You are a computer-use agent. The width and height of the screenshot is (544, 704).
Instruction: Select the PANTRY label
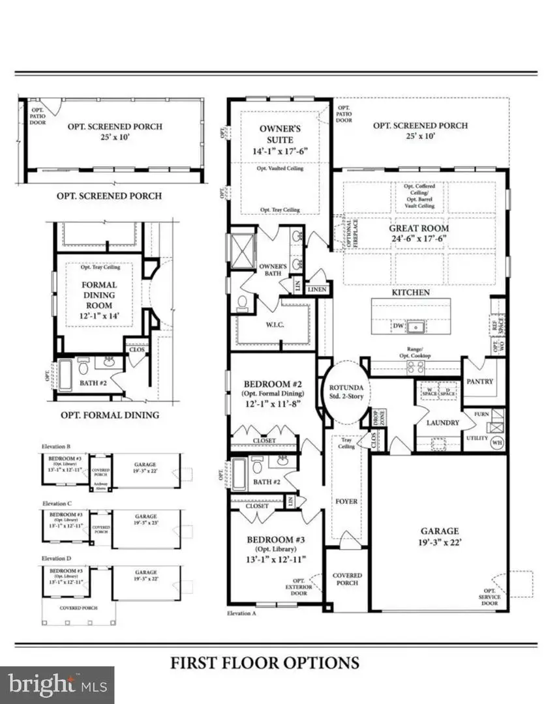click(x=479, y=381)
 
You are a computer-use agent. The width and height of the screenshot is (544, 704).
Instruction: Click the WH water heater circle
click(x=497, y=443)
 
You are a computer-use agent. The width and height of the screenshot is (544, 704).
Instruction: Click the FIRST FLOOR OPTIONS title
click(x=265, y=663)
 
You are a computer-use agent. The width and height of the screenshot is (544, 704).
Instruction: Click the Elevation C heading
click(x=56, y=504)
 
